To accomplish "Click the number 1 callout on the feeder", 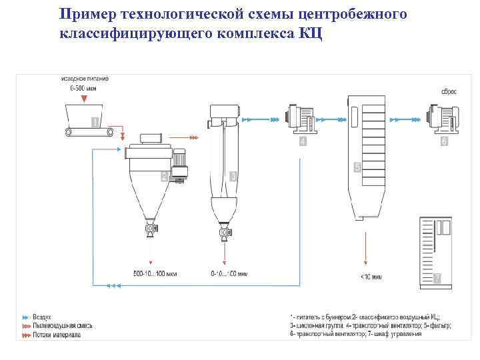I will tap(95, 122).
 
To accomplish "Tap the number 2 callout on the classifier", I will tap(164, 177).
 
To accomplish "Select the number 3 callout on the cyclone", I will tap(233, 177).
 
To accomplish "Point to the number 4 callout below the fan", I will tap(303, 141).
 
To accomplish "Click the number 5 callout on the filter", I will tap(357, 169).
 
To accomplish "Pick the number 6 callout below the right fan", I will tap(444, 141).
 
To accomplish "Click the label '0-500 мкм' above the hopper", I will tap(84, 87).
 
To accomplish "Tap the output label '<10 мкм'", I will tap(371, 276).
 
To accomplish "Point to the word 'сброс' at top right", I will tap(448, 91).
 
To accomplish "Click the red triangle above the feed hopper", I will tap(83, 99).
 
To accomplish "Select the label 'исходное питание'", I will tap(85, 78).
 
